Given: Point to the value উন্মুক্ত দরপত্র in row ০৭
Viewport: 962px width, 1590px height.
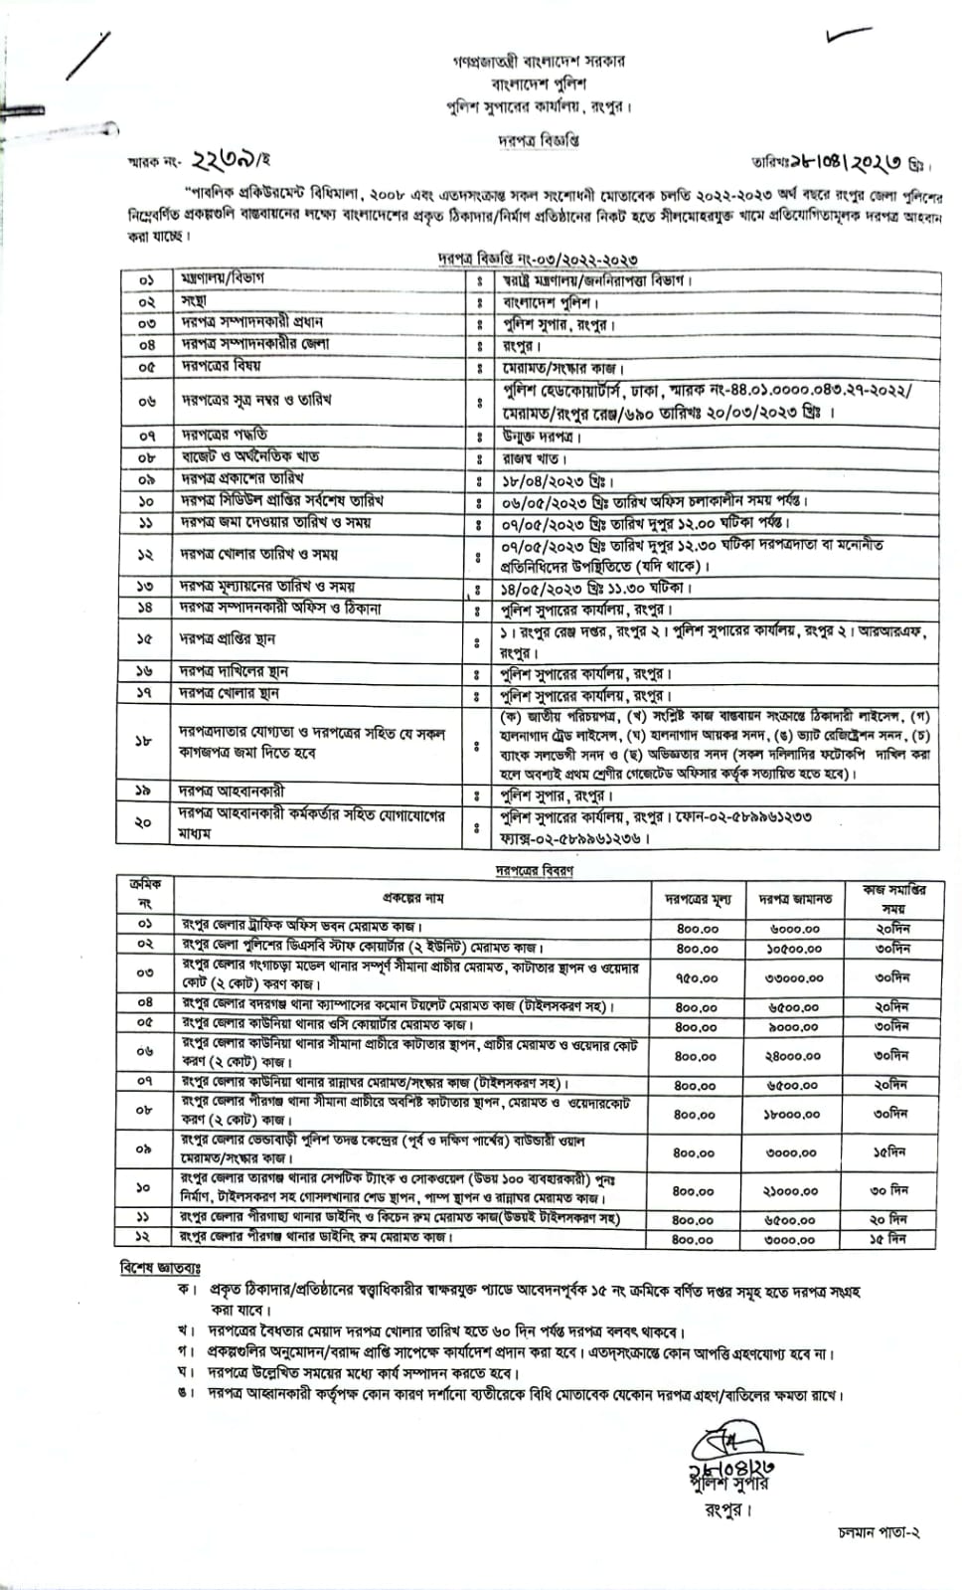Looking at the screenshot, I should pyautogui.click(x=543, y=437).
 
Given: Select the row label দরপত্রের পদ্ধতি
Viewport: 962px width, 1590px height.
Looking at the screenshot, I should pyautogui.click(x=224, y=436).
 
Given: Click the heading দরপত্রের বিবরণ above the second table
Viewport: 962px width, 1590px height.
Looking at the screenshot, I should pyautogui.click(x=535, y=869).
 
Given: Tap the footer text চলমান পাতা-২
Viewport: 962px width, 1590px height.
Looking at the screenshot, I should pyautogui.click(x=879, y=1560).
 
